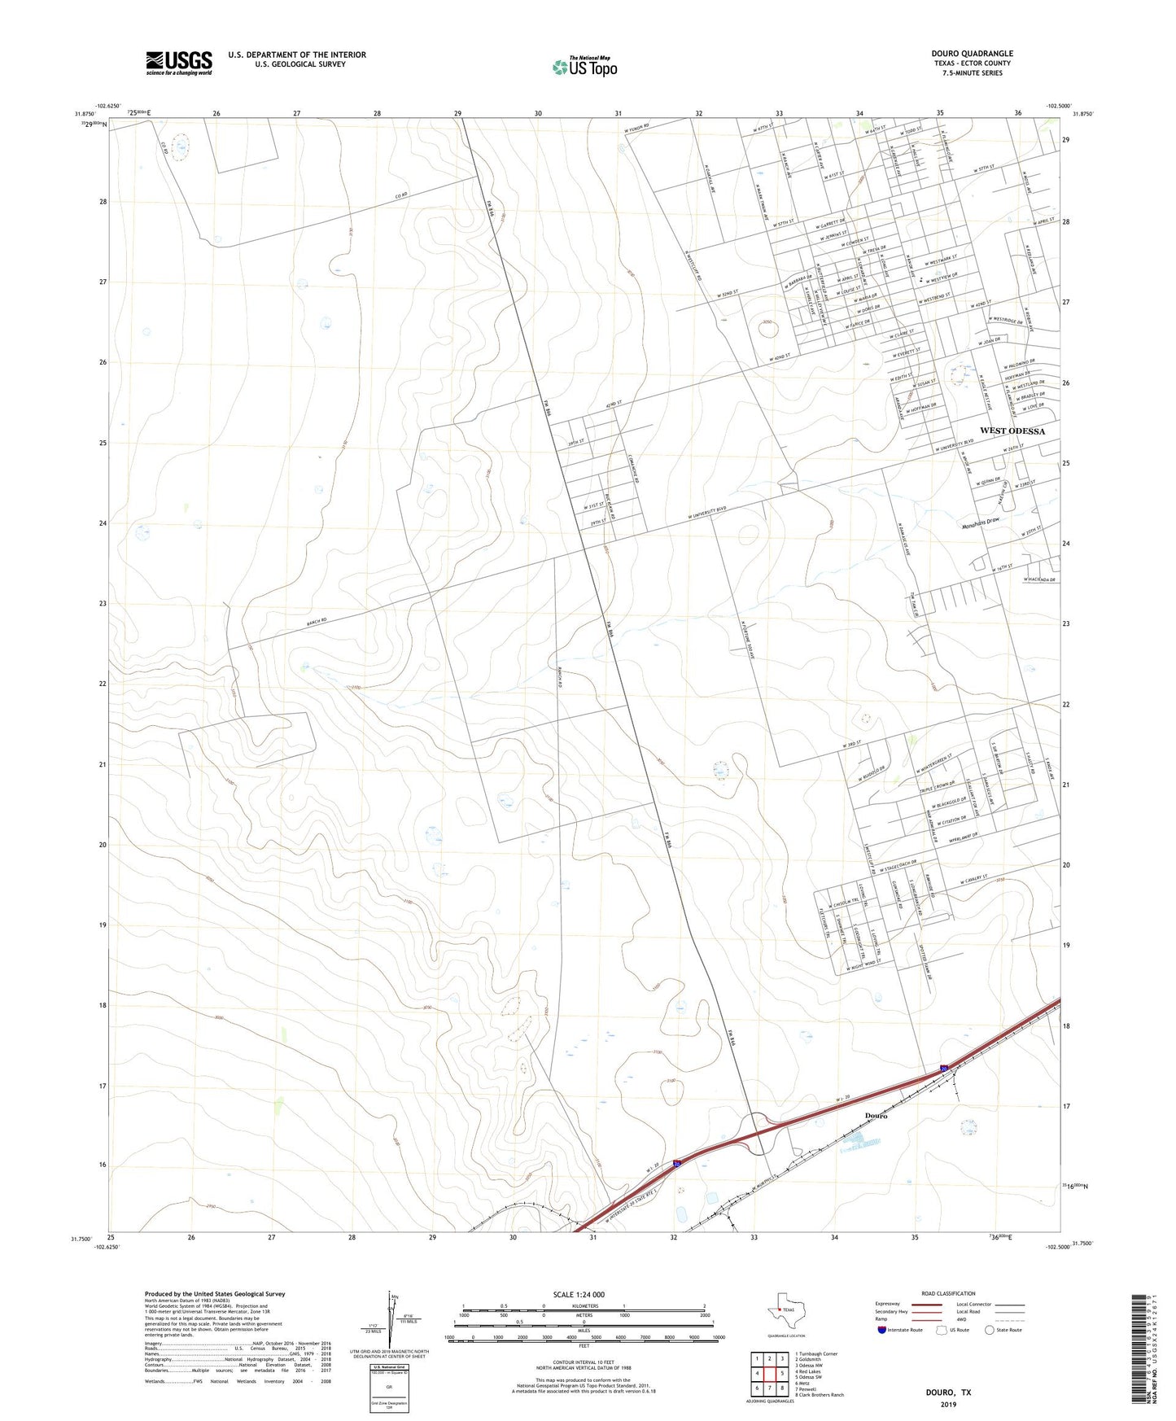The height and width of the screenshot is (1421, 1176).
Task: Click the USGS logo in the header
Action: coord(178,63)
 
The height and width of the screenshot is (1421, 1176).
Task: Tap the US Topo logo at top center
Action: coord(584,67)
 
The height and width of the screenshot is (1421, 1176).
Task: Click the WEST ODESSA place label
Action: coord(1012,431)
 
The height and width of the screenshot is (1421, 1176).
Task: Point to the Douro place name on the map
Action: coord(876,1116)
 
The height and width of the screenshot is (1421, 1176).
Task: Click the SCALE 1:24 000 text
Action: coord(579,1295)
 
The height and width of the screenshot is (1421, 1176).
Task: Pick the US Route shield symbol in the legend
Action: coord(942,1331)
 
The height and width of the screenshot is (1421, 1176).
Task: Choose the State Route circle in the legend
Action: coord(989,1331)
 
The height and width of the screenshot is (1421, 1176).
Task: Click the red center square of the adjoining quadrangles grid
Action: coord(769,1373)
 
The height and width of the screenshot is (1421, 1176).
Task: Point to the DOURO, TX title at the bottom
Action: coord(948,1393)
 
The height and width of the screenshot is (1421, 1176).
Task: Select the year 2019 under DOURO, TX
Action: coord(948,1405)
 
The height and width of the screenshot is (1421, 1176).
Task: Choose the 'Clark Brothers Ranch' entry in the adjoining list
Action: coord(820,1395)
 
